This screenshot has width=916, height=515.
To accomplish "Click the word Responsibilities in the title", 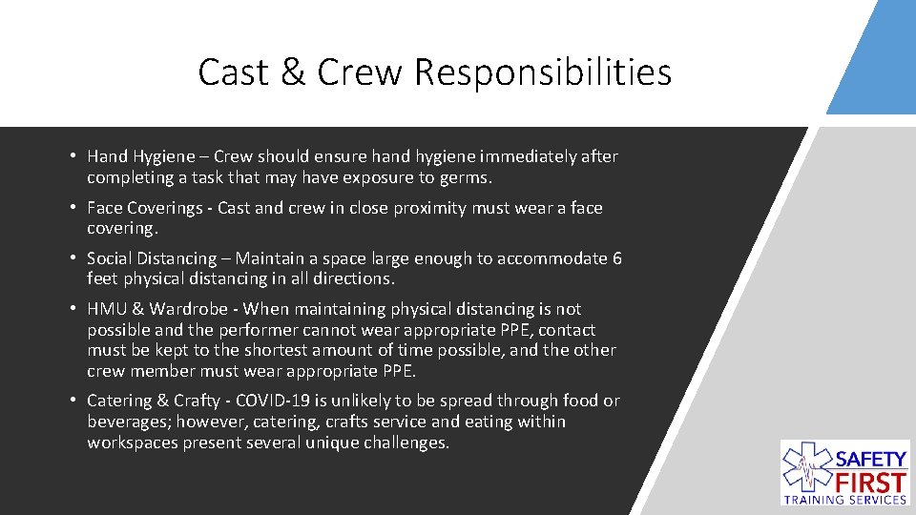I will [544, 72].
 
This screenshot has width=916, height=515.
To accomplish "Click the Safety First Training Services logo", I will [843, 472].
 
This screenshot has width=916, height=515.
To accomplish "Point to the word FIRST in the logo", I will [872, 479].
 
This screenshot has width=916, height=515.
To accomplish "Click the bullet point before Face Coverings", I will [73, 208].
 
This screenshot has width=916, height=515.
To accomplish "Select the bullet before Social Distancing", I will [73, 258].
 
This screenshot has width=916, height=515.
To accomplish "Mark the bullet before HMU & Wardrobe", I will [73, 309].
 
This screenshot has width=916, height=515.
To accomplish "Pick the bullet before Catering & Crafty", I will [73, 401].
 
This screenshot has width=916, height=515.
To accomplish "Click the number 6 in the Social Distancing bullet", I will [616, 258].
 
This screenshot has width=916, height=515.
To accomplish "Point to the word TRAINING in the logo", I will [818, 499].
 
